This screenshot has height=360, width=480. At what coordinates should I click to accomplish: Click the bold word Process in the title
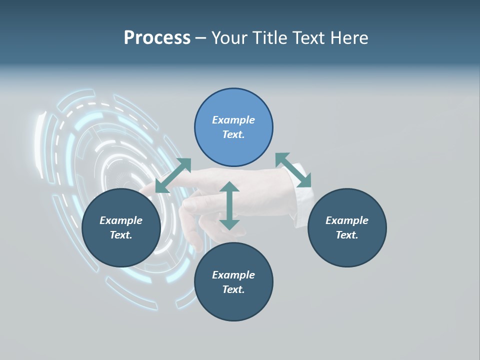coord(157,38)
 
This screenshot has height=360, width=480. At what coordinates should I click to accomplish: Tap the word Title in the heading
coord(270,38)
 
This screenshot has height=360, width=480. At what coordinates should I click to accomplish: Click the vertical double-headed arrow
coord(229,206)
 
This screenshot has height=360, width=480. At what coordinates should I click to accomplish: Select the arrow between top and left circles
coord(173,175)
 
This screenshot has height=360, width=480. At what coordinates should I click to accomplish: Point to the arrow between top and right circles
coord(293,170)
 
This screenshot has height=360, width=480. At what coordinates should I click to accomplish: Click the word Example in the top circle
coord(233,120)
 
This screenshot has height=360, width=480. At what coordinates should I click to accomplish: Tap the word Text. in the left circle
coord(121,235)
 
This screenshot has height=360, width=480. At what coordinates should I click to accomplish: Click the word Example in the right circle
coord(347,220)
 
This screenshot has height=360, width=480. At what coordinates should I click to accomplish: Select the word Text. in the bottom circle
coord(233,289)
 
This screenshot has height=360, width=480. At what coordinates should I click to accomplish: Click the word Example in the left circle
coord(121,220)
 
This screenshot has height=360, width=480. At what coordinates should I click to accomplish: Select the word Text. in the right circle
coord(347,235)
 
